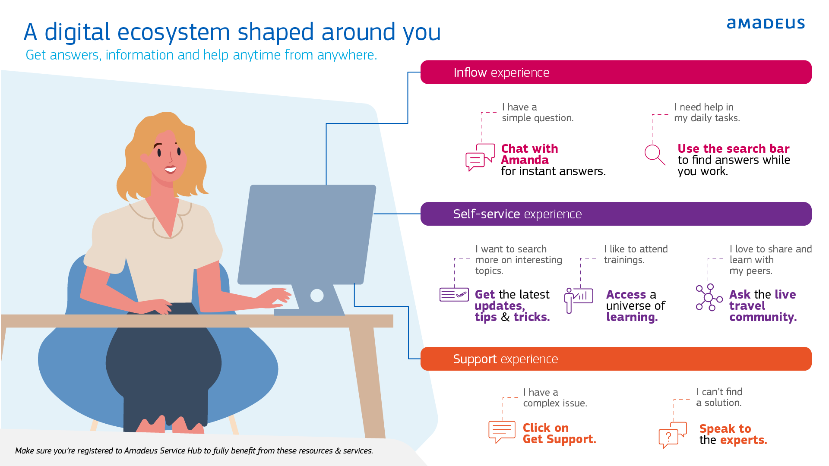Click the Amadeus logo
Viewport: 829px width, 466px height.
(x=766, y=23)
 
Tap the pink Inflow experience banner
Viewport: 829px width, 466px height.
(x=616, y=72)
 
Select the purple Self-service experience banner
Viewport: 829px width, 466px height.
(x=616, y=214)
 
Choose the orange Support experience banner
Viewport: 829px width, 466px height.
(x=616, y=359)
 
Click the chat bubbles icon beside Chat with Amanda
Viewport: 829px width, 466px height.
(x=480, y=157)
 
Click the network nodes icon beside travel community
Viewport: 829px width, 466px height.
(x=709, y=297)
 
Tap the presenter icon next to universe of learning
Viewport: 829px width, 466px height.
(x=579, y=300)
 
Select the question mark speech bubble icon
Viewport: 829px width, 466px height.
(x=673, y=435)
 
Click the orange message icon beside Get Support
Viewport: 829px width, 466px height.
(x=502, y=432)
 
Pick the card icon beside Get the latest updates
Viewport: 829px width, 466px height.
(x=454, y=295)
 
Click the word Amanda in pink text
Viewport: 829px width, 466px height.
(x=525, y=160)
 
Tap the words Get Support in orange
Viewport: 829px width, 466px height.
(x=559, y=439)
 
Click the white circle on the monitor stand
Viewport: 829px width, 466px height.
(x=317, y=295)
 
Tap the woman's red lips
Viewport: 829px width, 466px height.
(x=171, y=168)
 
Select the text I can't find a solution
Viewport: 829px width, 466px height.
(x=719, y=397)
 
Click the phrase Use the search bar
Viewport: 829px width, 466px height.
(x=733, y=148)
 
